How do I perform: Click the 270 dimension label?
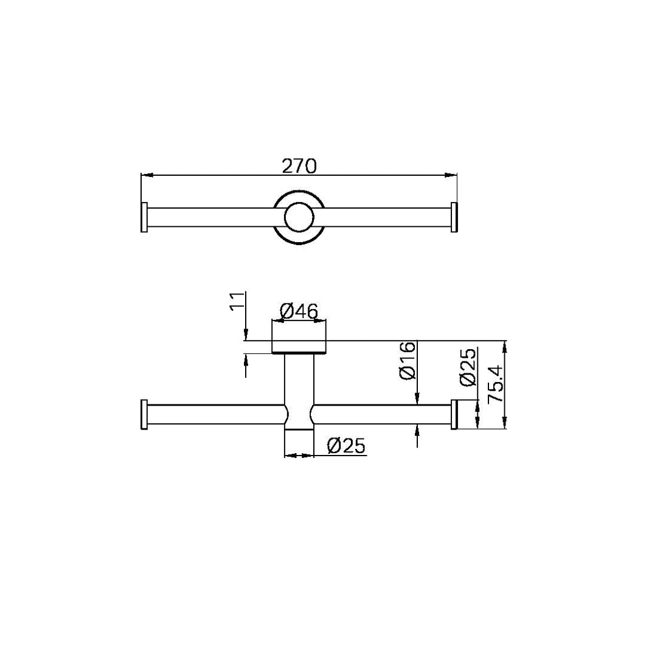[299, 165]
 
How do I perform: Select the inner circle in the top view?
[299, 217]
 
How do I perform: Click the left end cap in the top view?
[144, 217]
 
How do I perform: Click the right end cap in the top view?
[453, 217]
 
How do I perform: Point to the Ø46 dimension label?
[299, 311]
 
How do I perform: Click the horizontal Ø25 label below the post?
[346, 446]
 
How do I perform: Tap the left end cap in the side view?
[144, 415]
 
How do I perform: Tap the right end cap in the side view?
[454, 415]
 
